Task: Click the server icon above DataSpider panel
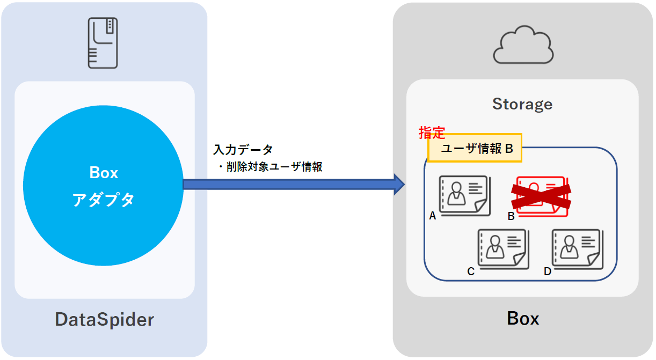coord(103,43)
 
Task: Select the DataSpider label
coord(104,320)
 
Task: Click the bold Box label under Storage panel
coord(522,319)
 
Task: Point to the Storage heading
coord(522,104)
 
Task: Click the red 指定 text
coord(432,133)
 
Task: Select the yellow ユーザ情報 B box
coord(475,149)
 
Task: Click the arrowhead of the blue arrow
coord(398,184)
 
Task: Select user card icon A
coord(463,196)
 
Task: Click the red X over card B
coord(540,196)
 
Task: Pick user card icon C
coord(501,249)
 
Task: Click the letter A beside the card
coord(432,216)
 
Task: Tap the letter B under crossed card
coord(511,216)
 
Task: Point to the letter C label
coord(471,271)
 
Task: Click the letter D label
coord(547,271)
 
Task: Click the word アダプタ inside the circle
coord(103,200)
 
